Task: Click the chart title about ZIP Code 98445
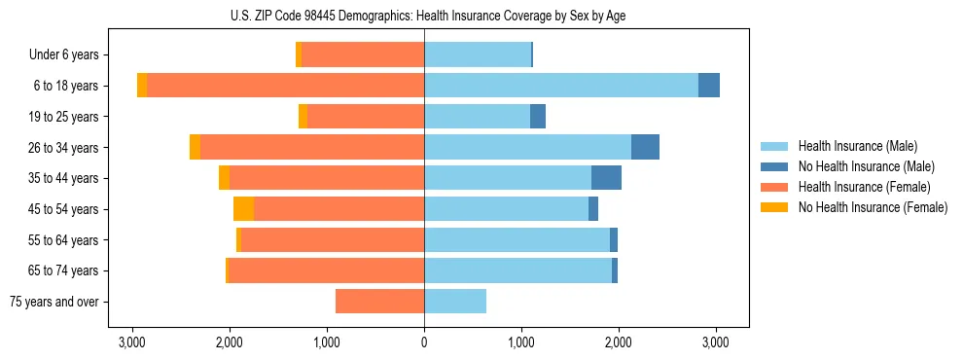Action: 424,16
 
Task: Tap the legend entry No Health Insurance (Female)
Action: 872,207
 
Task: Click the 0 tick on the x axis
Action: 424,342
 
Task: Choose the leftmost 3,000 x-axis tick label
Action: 132,342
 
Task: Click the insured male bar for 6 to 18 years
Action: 561,86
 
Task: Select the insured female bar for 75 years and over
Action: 379,302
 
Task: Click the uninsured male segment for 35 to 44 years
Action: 606,178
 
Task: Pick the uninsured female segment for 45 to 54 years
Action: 243,209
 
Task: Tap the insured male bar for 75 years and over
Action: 455,302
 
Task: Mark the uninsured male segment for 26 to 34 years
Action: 645,147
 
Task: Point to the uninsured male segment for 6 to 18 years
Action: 709,86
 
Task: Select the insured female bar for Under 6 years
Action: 363,55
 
